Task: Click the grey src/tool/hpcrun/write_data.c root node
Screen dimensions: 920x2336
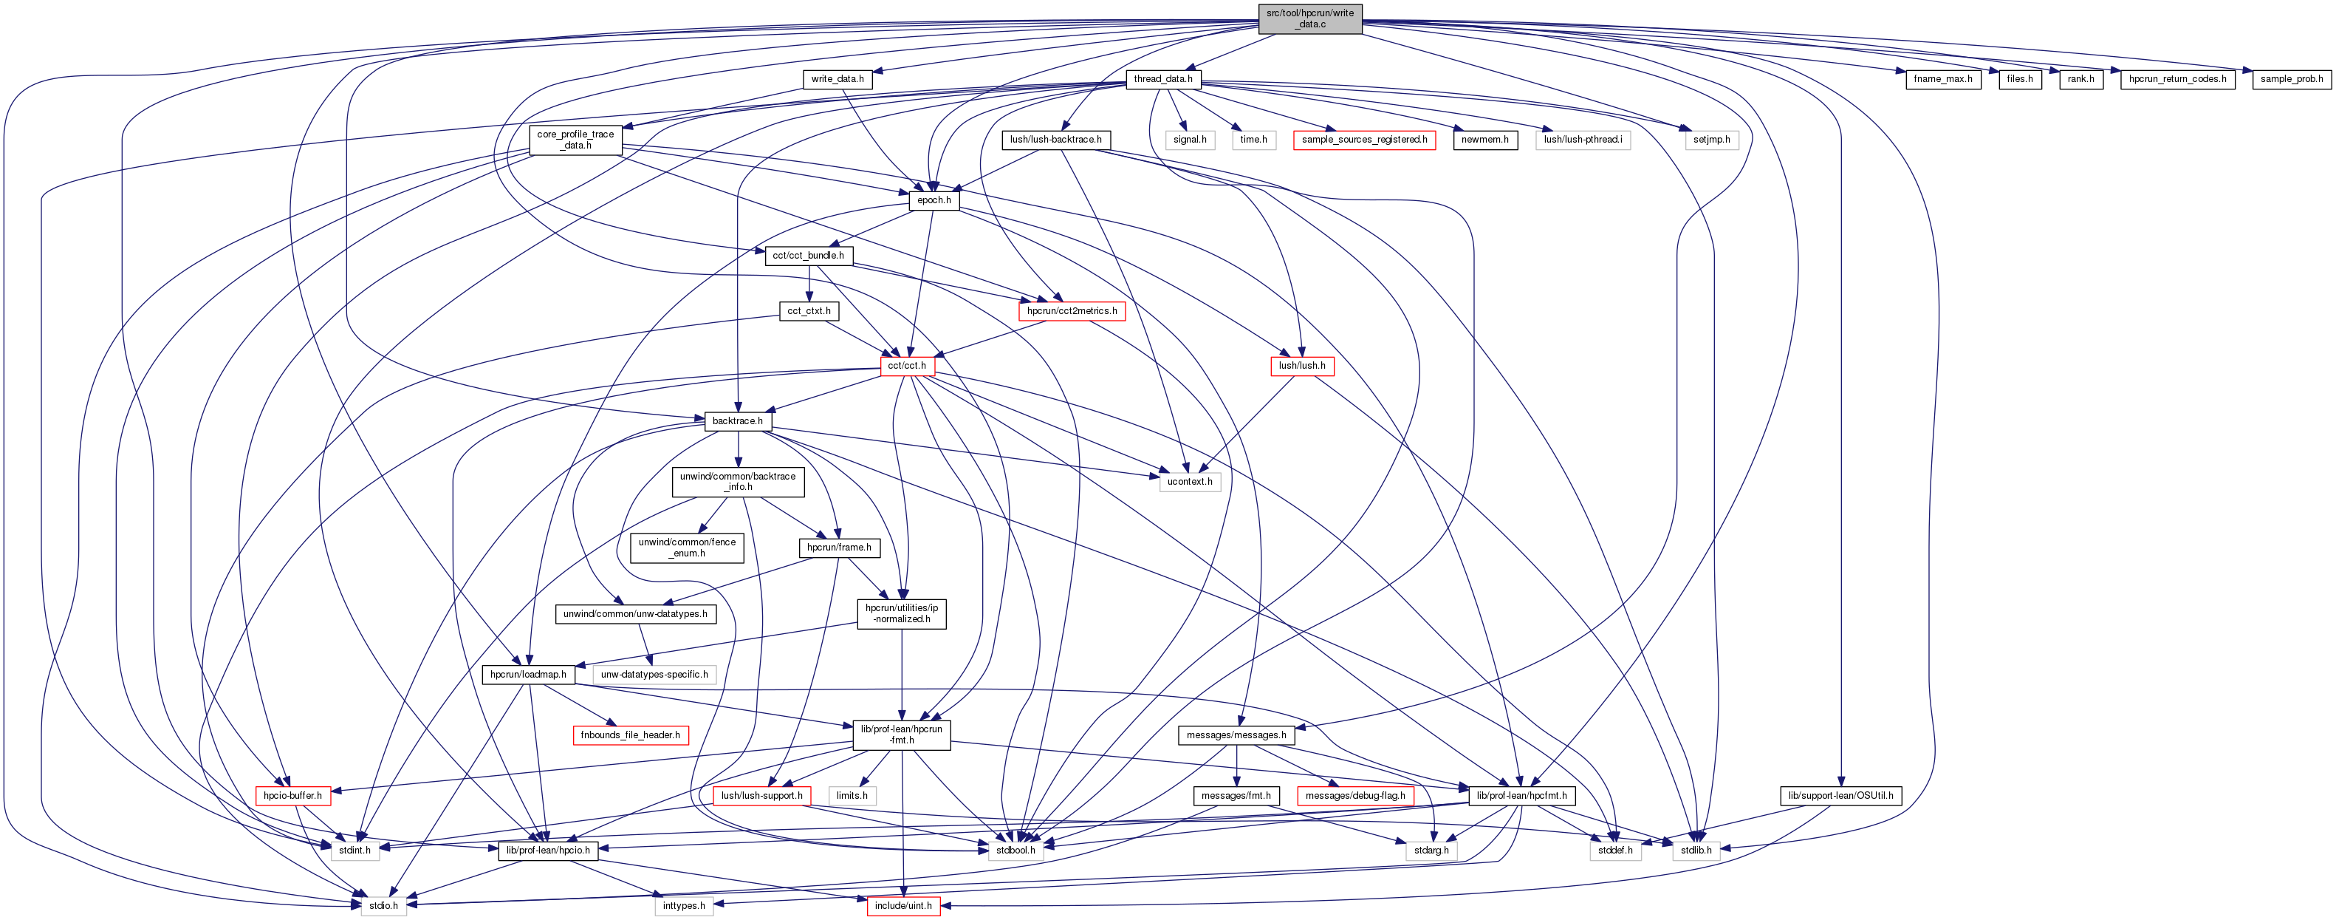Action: [1309, 18]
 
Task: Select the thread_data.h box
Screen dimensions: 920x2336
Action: [1162, 79]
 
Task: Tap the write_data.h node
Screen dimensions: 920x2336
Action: [837, 79]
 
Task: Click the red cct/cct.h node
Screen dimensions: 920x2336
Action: [907, 366]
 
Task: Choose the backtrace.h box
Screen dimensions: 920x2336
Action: [737, 421]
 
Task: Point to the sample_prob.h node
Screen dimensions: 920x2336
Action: [2291, 79]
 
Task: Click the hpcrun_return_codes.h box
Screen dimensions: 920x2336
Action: [2176, 79]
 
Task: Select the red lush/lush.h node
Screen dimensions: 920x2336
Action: [1301, 366]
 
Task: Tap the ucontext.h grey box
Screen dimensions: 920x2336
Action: [1189, 482]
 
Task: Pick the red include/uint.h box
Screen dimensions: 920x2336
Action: [902, 905]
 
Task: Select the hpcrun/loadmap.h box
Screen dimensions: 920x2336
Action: [528, 675]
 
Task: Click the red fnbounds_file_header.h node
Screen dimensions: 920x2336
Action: [630, 735]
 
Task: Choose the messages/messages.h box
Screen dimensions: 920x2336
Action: [1236, 735]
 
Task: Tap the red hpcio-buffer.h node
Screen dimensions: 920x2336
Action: [292, 796]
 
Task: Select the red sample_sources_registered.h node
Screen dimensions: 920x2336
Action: [1364, 140]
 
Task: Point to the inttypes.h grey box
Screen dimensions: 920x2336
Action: [683, 905]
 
